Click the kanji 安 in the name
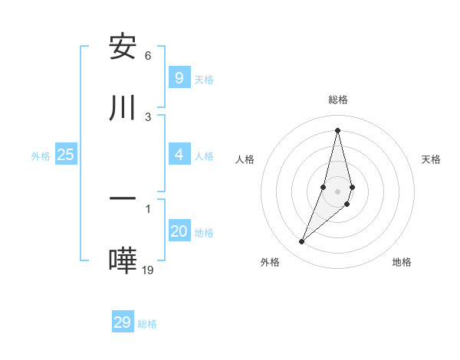[123, 47]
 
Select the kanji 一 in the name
[123, 198]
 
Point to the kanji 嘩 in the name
[123, 261]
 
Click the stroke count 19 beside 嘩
[149, 269]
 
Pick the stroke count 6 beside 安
[148, 56]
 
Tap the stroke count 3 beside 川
[148, 116]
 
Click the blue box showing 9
[179, 77]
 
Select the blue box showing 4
[179, 155]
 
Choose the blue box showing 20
[179, 231]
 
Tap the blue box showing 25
[65, 155]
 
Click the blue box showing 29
[122, 322]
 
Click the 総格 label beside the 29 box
[147, 324]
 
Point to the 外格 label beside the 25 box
[41, 156]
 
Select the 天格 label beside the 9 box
[203, 79]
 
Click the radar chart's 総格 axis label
[337, 100]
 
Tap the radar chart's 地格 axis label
[402, 262]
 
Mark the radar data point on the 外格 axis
[301, 242]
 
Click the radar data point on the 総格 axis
[337, 129]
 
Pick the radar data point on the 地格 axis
[347, 204]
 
